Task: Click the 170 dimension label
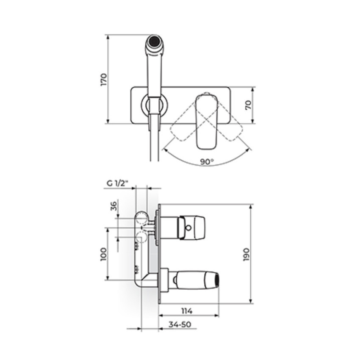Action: tap(104, 80)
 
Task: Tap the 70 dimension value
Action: tap(249, 105)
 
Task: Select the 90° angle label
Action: tap(207, 162)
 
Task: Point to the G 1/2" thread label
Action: tap(117, 183)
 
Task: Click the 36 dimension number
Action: tap(114, 206)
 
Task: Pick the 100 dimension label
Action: tap(103, 254)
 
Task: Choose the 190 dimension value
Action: tap(246, 255)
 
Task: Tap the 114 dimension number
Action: tap(187, 311)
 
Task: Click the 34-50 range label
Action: tap(180, 325)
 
